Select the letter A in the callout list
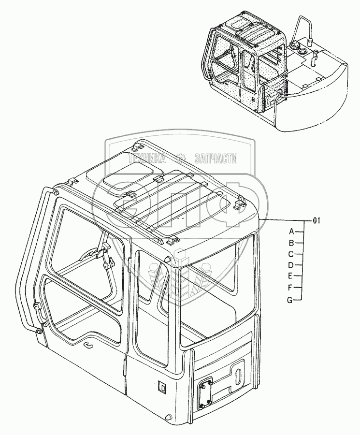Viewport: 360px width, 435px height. tap(291, 231)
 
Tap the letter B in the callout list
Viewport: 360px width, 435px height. tap(291, 243)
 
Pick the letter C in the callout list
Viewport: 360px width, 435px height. tap(291, 254)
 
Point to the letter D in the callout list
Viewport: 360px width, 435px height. tap(291, 265)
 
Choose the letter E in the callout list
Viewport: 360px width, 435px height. tap(291, 276)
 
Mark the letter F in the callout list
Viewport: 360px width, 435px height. tap(291, 288)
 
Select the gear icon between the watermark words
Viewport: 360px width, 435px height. tap(180, 158)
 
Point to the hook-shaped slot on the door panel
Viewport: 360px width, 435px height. tap(88, 344)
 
